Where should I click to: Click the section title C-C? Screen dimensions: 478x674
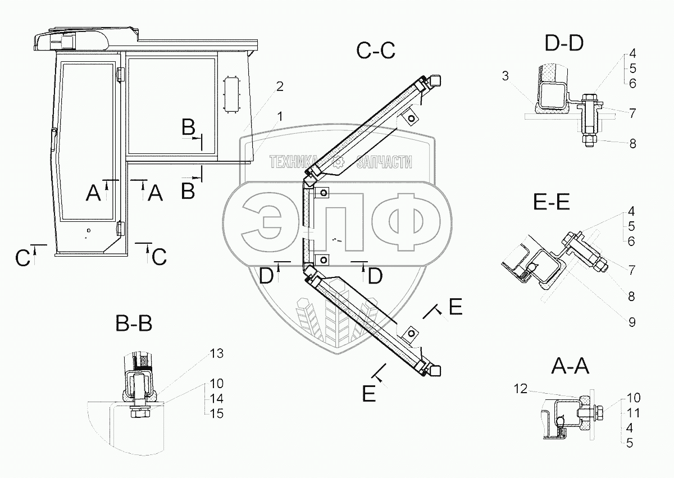click(x=376, y=51)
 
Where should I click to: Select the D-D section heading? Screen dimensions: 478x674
click(x=564, y=42)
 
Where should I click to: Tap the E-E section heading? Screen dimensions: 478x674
click(x=552, y=202)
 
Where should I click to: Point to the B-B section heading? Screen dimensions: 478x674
click(x=134, y=324)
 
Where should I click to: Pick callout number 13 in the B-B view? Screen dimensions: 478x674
click(x=217, y=353)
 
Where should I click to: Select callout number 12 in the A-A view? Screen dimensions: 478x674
click(x=520, y=388)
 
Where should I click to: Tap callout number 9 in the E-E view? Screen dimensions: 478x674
click(x=632, y=322)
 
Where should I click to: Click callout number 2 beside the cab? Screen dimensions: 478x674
click(x=279, y=87)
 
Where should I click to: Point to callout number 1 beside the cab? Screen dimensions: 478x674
click(x=279, y=116)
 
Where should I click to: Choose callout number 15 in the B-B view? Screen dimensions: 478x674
click(x=217, y=414)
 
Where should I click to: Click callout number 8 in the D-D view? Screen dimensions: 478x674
click(x=632, y=143)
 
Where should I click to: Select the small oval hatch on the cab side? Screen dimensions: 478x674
click(x=231, y=94)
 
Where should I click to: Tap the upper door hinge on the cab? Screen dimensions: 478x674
click(x=120, y=75)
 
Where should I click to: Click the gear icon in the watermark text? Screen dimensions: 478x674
click(x=339, y=163)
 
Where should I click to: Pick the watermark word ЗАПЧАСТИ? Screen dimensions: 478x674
click(x=384, y=163)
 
